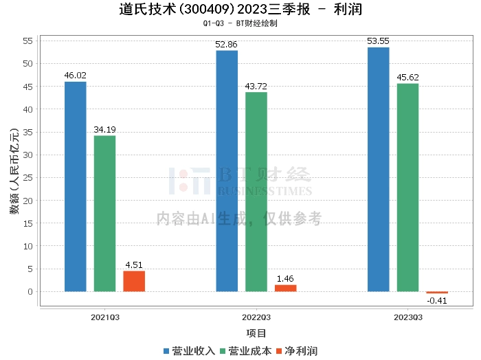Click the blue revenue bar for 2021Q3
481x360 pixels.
coord(76,186)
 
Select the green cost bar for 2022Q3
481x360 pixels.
coord(256,192)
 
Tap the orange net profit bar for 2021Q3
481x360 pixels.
coord(134,281)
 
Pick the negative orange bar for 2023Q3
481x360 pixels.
coord(437,293)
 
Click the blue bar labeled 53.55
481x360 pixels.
coord(378,169)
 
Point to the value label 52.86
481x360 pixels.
coord(226,45)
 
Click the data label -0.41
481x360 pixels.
coord(437,301)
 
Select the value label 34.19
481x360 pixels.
coord(104,130)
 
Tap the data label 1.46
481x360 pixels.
coord(285,279)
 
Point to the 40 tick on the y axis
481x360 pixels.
coord(28,109)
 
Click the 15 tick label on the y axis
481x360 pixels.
coord(28,223)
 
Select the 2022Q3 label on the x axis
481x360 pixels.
coord(256,317)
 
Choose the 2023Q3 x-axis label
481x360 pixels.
coord(408,317)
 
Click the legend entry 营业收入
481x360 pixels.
coord(189,351)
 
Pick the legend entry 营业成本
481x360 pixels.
coord(246,351)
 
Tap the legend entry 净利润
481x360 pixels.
coord(297,351)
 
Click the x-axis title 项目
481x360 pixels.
coord(256,333)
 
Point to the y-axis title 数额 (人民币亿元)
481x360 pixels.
coord(14,171)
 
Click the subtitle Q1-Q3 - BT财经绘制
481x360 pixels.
coord(240,23)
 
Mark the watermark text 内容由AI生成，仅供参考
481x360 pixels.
coord(239,218)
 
